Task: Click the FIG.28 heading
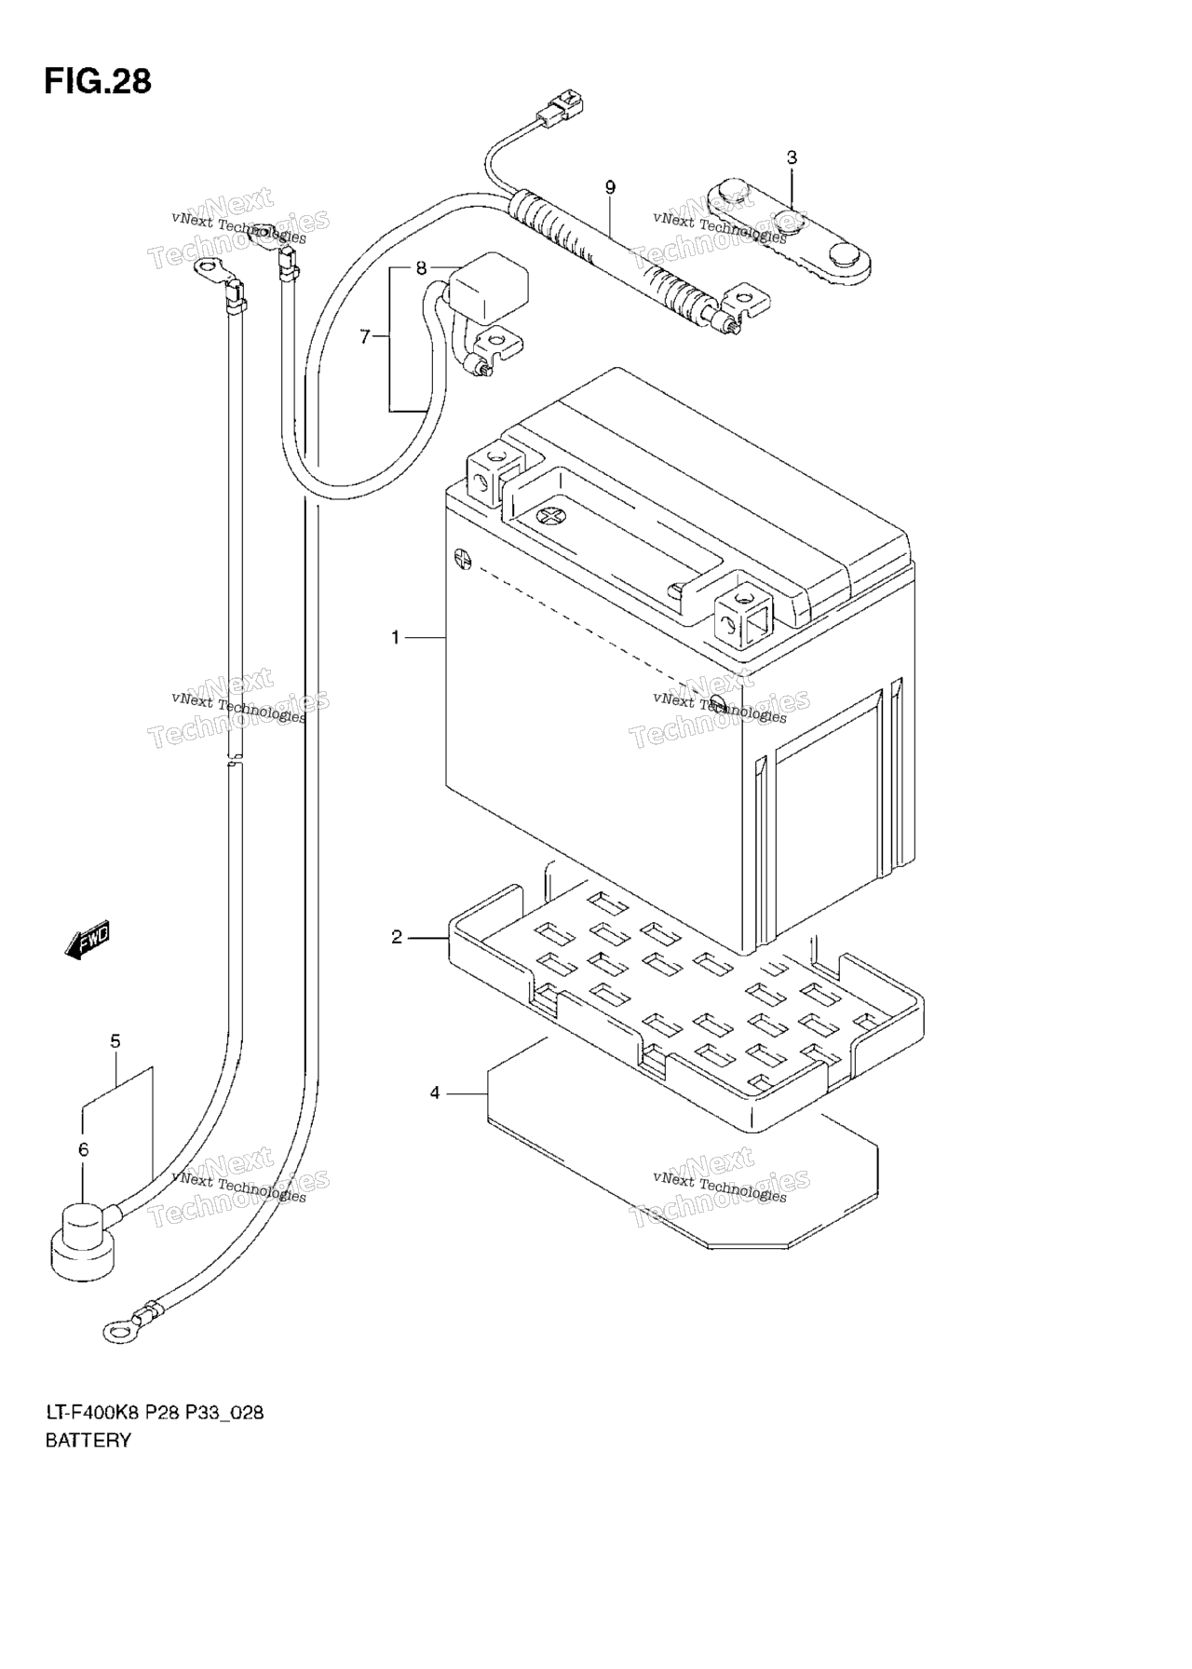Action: point(97,81)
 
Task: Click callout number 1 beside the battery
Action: point(396,637)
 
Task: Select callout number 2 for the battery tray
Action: point(397,937)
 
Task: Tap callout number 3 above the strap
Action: point(792,157)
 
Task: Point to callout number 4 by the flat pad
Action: point(435,1092)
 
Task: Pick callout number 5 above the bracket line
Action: point(115,1041)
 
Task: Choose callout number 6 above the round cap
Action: point(83,1150)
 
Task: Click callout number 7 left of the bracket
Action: point(365,336)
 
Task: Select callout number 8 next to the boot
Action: point(421,268)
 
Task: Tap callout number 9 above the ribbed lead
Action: point(610,187)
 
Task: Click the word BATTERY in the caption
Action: point(88,1441)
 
